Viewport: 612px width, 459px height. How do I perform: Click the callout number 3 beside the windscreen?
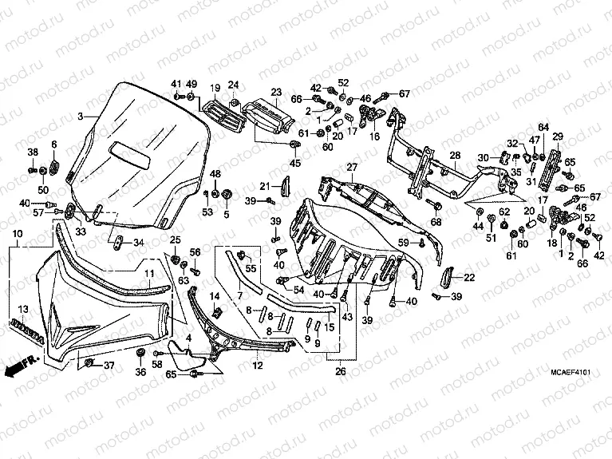80,117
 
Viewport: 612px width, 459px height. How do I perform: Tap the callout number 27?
351,167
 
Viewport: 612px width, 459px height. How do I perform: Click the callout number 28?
454,155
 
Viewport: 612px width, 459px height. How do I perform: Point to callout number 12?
258,365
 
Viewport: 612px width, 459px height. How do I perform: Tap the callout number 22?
469,277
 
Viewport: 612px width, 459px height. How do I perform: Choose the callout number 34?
139,243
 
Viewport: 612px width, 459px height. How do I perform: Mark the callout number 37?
109,366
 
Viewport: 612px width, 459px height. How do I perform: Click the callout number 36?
140,371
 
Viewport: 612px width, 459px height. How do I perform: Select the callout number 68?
436,221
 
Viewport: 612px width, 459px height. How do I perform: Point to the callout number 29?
558,136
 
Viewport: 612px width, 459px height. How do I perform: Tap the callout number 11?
148,273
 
